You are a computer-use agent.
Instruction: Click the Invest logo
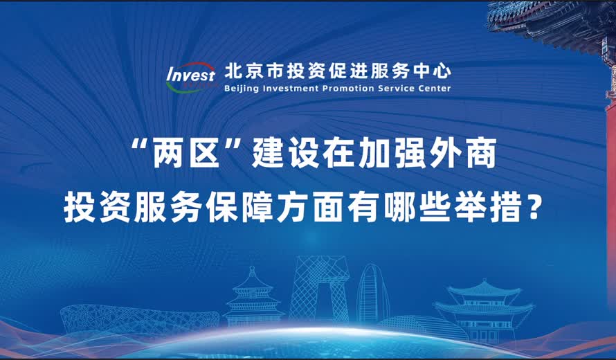click(x=190, y=76)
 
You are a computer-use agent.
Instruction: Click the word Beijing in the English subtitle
click(x=242, y=89)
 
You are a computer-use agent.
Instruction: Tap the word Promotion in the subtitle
click(x=346, y=89)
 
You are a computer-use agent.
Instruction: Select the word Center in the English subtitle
click(x=433, y=89)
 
